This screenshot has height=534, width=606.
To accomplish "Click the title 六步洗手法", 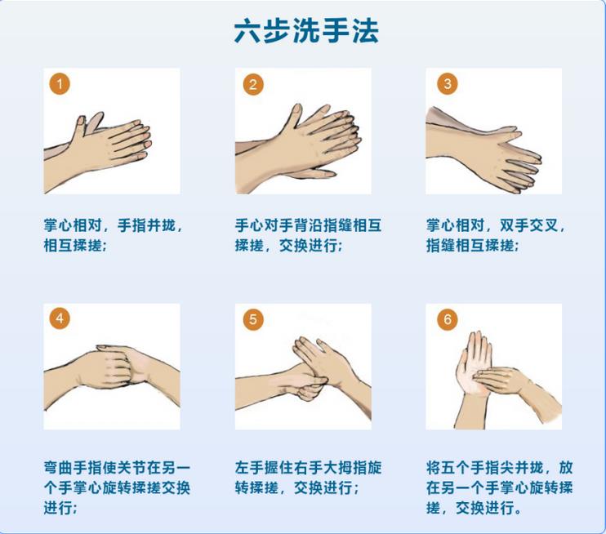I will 306,31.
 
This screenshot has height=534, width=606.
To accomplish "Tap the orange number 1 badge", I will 59,83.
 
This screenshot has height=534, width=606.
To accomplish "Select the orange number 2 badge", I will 253,83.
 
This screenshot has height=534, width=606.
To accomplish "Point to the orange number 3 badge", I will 447,83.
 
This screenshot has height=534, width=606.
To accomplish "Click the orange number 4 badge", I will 59,319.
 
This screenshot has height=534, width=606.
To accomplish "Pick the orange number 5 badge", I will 253,319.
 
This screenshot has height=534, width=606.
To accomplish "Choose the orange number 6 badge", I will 447,319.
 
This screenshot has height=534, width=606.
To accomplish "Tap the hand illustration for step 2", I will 303,139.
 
